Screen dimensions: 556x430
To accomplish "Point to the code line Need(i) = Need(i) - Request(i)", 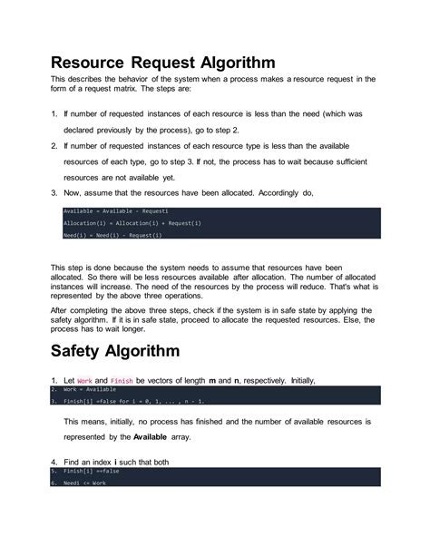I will click(x=112, y=235).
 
